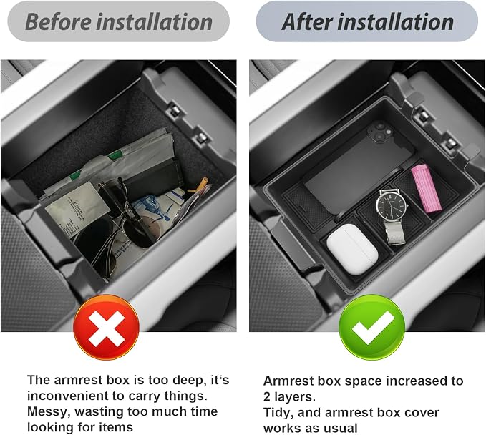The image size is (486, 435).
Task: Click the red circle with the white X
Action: coord(106,327)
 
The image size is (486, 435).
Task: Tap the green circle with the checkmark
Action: coord(371,327)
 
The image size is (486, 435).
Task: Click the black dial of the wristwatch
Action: coord(391,205)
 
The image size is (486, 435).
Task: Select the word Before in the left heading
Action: coord(58,21)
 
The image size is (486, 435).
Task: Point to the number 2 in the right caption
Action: coord(267,397)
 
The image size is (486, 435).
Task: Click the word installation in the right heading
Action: coord(396,21)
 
